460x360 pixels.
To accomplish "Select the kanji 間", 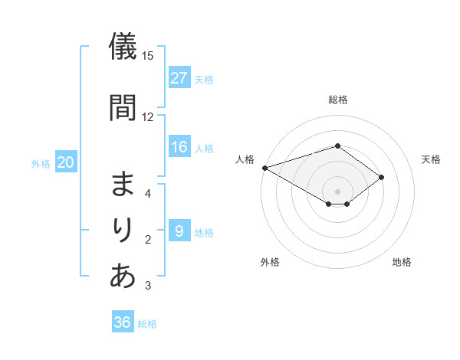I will (123, 106).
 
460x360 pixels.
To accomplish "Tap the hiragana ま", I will (123, 185).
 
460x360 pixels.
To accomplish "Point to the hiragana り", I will (123, 230).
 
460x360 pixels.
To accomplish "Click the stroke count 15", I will (148, 56).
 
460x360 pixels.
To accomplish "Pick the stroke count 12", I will (148, 117).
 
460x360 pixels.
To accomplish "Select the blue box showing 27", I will (179, 77).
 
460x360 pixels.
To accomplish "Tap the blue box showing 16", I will (179, 147).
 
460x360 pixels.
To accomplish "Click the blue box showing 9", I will (179, 231).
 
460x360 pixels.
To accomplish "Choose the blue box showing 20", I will (66, 162).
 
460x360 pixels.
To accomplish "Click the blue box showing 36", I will (123, 322).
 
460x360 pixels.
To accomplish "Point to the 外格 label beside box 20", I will (41, 163).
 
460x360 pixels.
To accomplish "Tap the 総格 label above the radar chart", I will (337, 100).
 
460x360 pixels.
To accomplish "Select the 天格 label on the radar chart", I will (431, 159).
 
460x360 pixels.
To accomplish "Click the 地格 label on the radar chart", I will (402, 262).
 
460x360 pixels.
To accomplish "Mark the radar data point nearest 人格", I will (264, 167).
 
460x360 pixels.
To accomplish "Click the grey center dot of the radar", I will (337, 191).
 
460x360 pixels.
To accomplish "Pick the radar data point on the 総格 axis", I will (337, 146).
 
